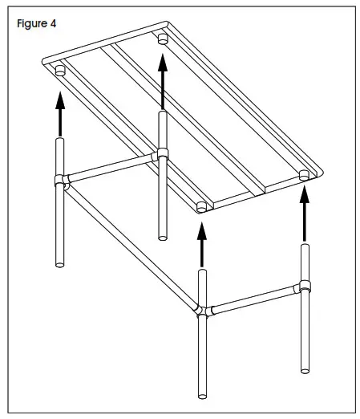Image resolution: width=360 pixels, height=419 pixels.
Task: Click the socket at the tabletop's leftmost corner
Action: click(59, 73)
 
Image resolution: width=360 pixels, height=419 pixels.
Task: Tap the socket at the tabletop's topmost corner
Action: click(163, 38)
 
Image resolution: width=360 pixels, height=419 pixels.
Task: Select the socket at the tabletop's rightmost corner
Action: click(304, 175)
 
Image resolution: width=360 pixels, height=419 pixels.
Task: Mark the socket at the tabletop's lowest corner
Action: click(201, 207)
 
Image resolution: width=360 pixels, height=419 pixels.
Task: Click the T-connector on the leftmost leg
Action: click(59, 182)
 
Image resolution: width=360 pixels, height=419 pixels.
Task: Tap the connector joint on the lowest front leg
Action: click(201, 311)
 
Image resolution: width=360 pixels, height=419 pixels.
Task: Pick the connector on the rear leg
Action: click(163, 153)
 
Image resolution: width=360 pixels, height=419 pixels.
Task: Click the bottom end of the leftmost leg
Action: click(59, 262)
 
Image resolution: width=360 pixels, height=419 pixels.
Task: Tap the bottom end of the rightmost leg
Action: click(305, 368)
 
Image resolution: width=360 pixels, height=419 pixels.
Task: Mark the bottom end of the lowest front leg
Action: click(202, 395)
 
